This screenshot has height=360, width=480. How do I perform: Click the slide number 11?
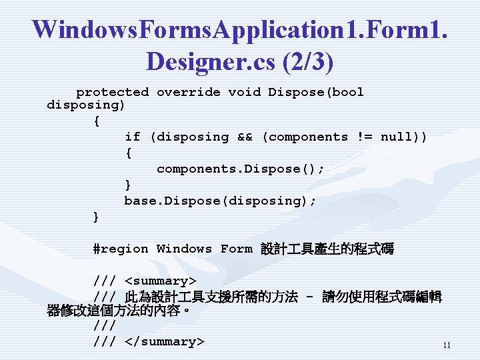tap(447, 345)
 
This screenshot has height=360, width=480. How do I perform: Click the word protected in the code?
tap(113, 92)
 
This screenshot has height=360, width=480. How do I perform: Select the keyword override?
tap(188, 92)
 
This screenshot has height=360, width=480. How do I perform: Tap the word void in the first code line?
tap(244, 92)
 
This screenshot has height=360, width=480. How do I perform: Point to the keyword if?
tap(132, 137)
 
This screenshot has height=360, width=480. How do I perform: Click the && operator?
tap(245, 137)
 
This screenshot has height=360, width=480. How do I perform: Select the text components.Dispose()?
tap(241, 169)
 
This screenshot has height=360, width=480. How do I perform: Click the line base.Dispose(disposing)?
tap(220, 201)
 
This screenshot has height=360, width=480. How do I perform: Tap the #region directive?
tap(120, 249)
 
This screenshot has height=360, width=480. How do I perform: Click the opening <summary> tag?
tap(160, 281)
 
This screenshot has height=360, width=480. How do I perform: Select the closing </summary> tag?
tap(164, 341)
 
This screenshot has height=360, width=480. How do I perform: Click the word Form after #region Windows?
tap(236, 249)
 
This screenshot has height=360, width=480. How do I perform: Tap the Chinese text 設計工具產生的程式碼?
tap(327, 249)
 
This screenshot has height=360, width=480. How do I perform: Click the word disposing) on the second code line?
tap(86, 105)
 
